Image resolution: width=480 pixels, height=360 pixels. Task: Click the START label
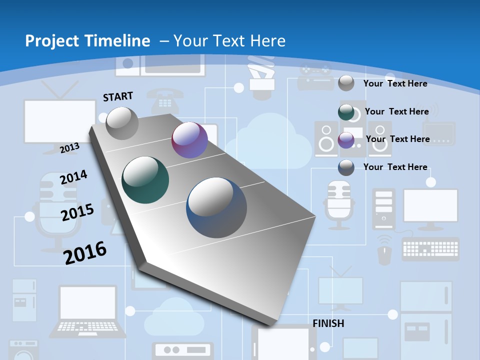pos(118,96)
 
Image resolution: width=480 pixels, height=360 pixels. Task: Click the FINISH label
pos(328,323)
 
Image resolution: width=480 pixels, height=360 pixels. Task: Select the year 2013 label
pos(69,147)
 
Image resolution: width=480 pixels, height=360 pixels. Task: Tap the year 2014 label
pos(73,177)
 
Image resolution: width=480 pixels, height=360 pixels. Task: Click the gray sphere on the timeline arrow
pos(122,123)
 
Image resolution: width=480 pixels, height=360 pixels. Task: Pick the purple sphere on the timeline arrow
pos(189,140)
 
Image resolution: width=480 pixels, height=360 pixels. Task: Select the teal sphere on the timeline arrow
pos(145,180)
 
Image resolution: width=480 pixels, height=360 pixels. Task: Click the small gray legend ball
pos(346,83)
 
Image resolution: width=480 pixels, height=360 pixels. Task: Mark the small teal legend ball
pos(346,112)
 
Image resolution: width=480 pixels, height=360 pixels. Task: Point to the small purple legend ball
pos(346,140)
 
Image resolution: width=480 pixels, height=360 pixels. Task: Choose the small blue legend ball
pos(346,167)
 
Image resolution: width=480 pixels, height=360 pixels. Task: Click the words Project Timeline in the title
pos(87,41)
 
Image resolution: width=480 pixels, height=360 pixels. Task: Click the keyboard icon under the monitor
pos(430,248)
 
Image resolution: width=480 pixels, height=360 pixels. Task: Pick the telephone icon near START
pos(164,99)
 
